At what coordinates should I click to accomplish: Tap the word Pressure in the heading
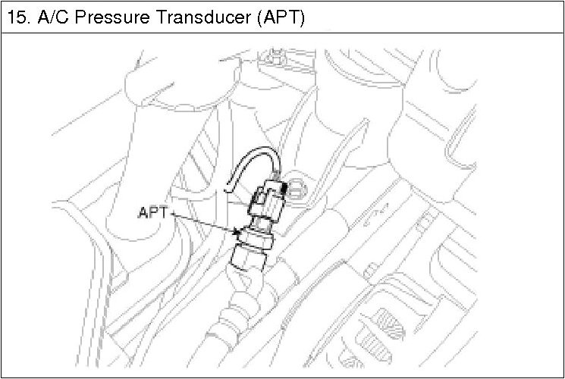coord(105,17)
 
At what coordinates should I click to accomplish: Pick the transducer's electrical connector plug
coord(265,199)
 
